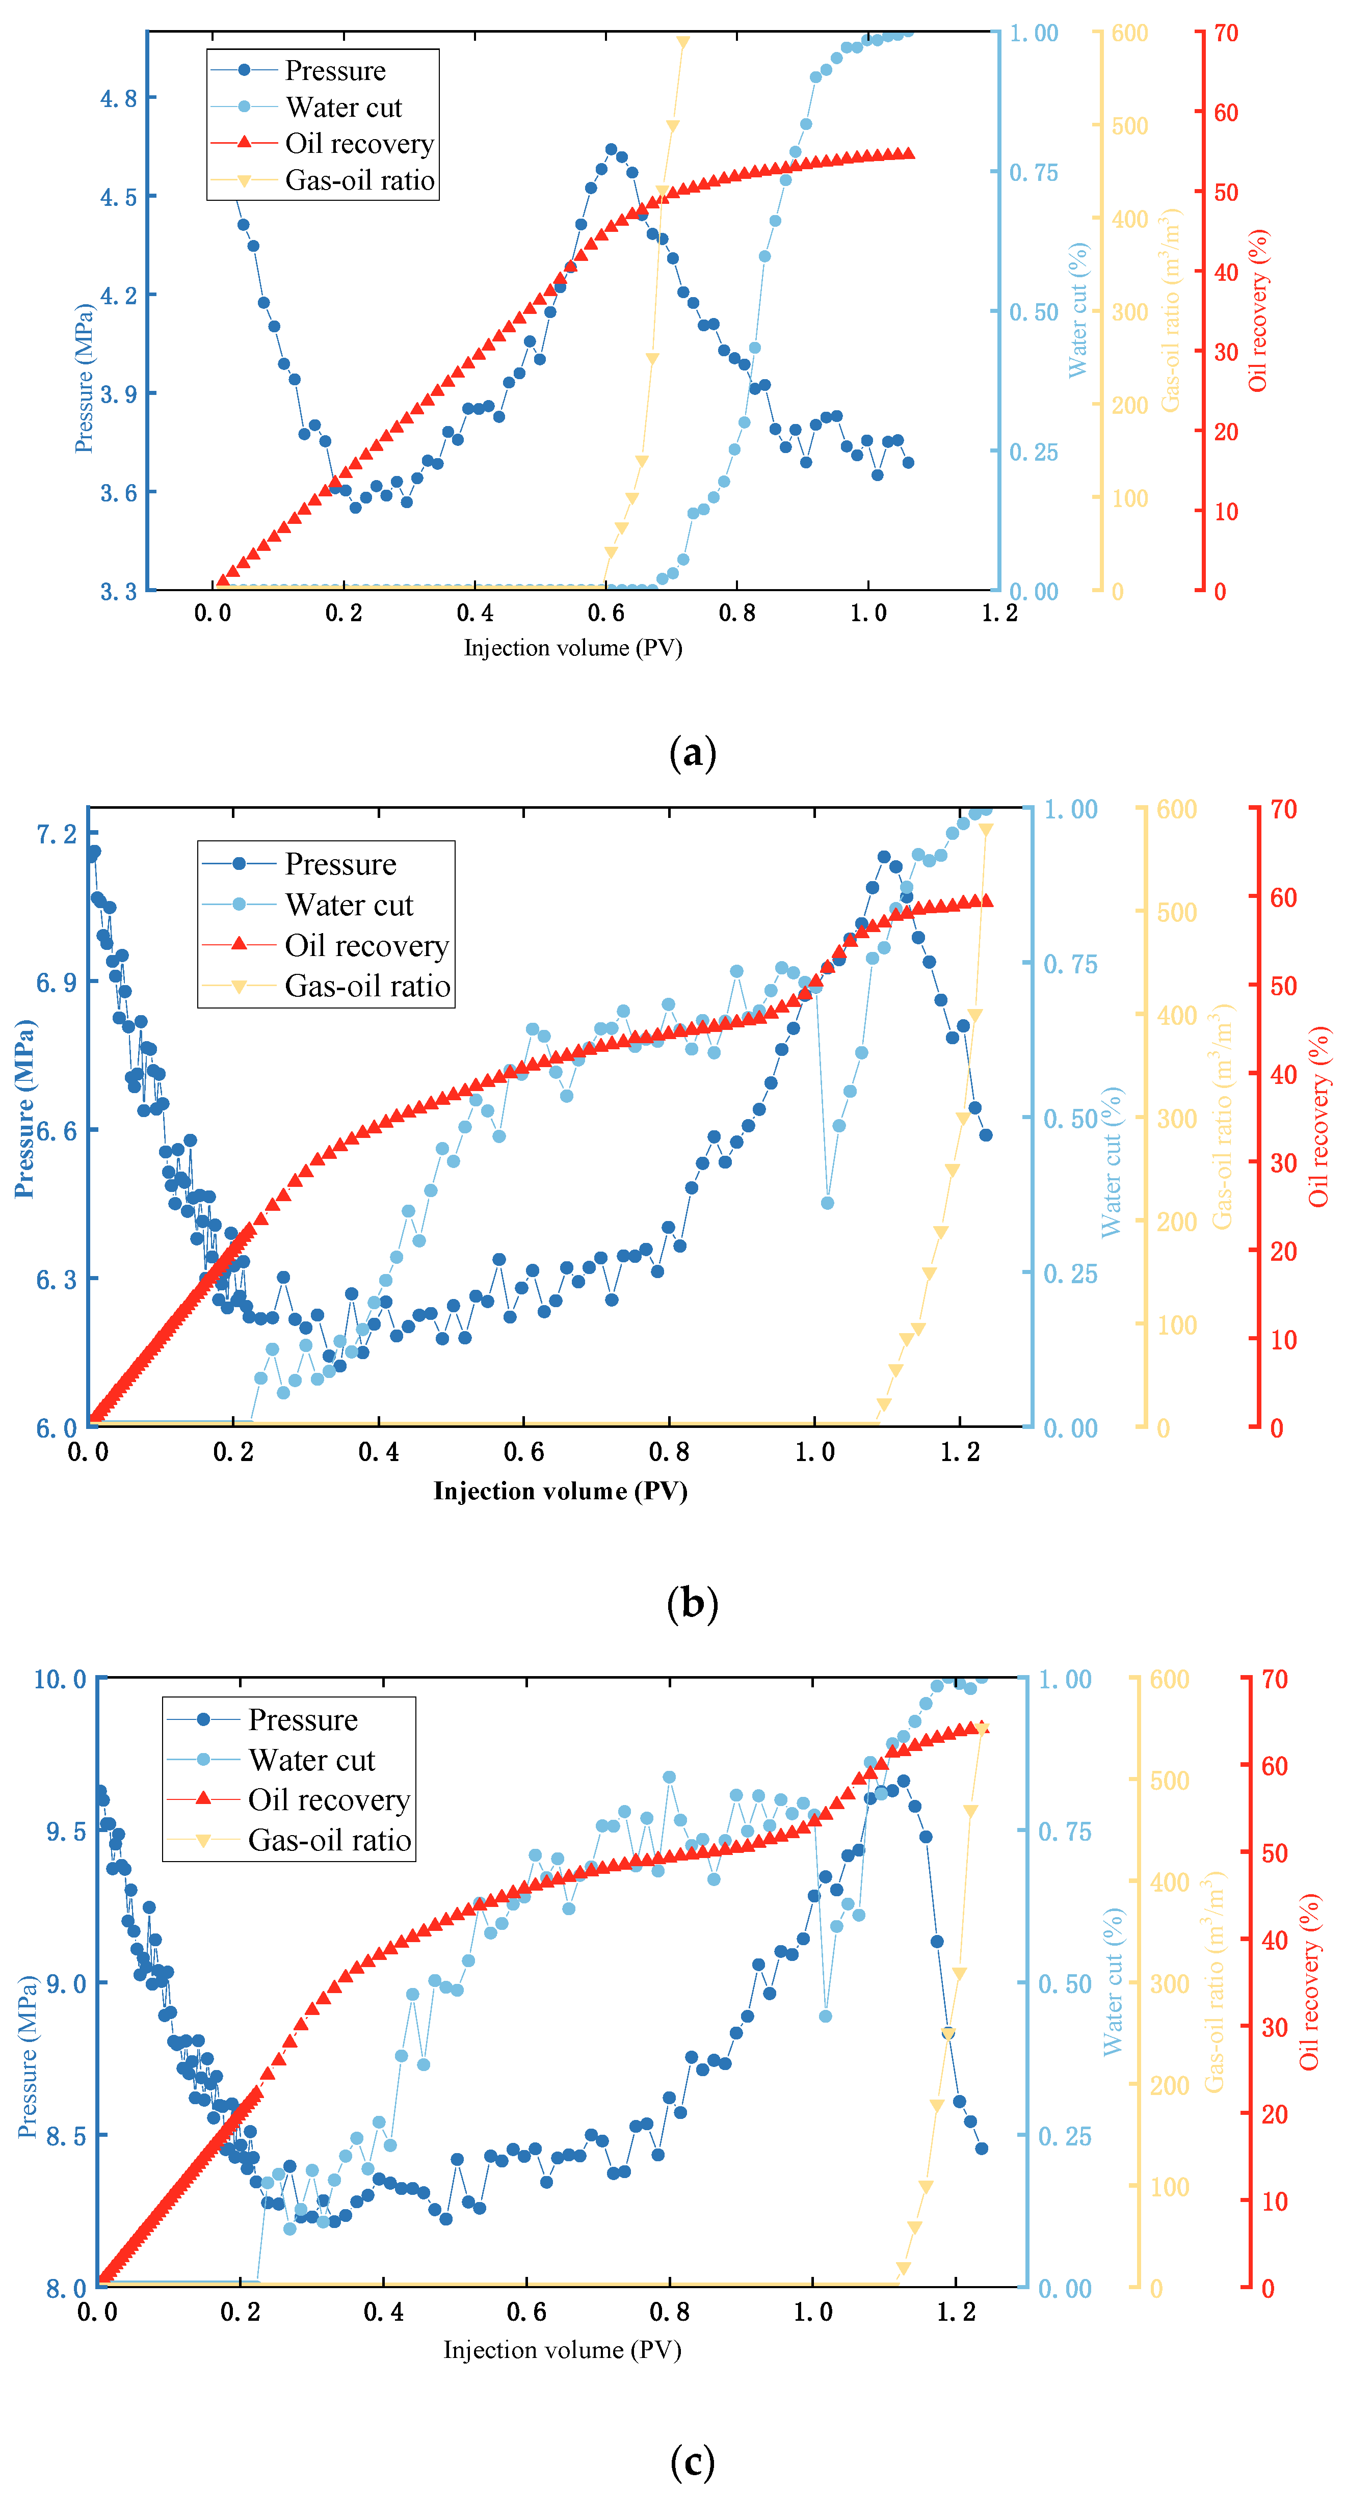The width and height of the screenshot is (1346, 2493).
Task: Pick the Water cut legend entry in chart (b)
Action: coord(349,905)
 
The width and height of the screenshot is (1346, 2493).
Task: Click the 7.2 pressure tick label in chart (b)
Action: coord(56,834)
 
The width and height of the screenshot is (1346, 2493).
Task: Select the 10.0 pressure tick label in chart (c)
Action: coord(60,1679)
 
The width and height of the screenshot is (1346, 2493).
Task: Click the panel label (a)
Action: coord(692,752)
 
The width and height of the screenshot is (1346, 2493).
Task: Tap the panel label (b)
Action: coord(692,1604)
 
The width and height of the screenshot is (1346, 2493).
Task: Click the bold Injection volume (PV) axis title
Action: coord(560,1491)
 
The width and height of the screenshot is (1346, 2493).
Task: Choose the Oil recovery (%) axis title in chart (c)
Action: coord(1309,1982)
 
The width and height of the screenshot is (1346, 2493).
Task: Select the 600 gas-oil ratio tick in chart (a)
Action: coord(1129,34)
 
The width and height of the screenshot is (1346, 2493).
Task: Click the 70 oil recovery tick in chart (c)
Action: coord(1275,1679)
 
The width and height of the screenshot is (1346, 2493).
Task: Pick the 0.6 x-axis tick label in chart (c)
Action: coord(526,2312)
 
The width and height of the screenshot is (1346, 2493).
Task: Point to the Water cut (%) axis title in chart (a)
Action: coord(1078,310)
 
